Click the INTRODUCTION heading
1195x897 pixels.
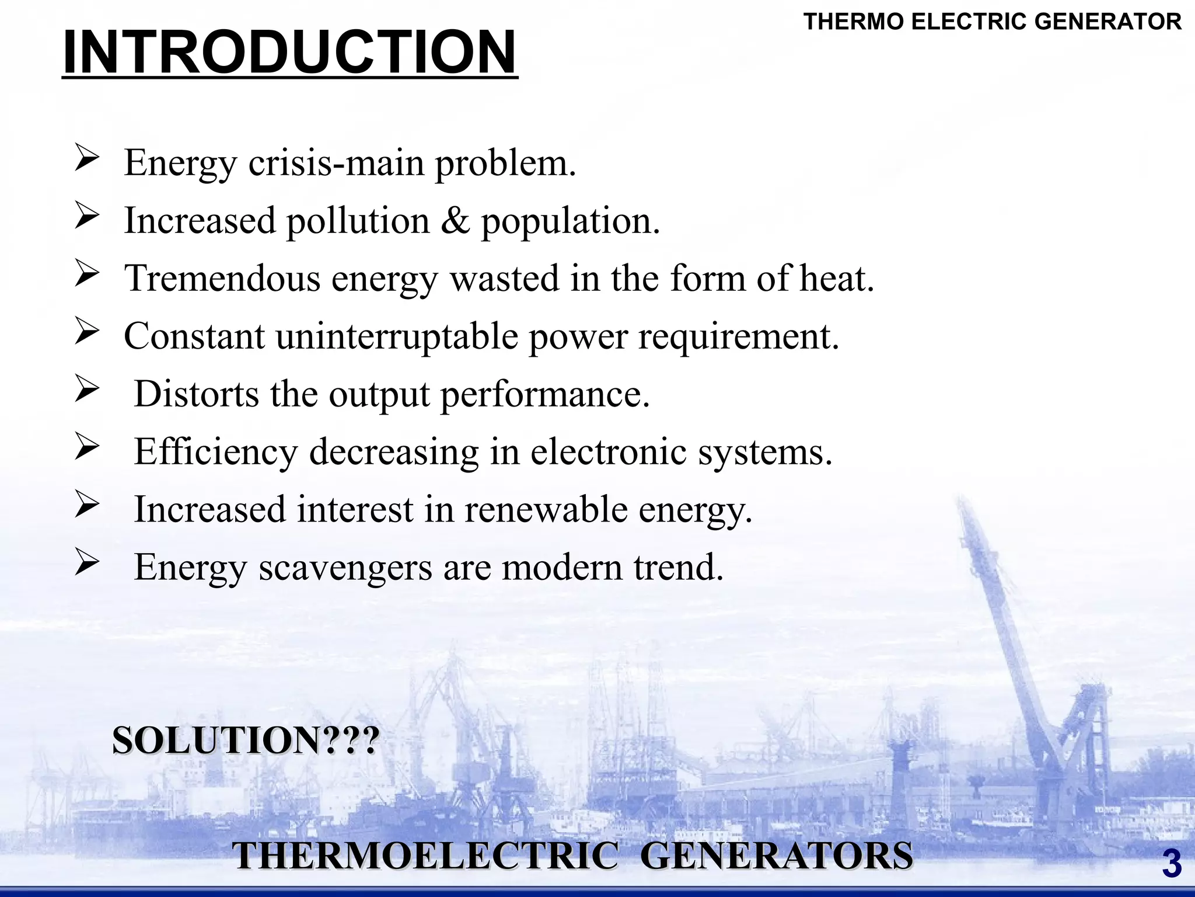289,53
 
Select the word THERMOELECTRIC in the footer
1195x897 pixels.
425,856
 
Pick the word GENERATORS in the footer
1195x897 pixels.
777,856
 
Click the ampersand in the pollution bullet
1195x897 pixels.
455,221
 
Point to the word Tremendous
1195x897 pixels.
222,278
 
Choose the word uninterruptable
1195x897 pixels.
397,336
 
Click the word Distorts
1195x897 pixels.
197,394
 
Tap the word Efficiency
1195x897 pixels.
216,452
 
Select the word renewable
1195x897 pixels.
546,509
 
